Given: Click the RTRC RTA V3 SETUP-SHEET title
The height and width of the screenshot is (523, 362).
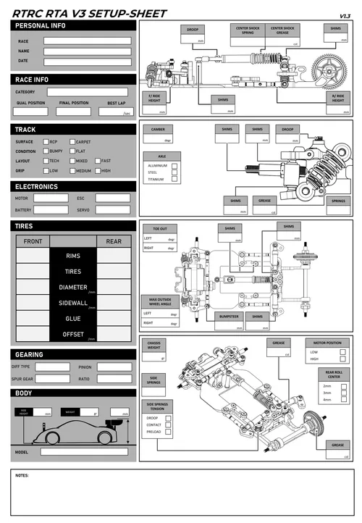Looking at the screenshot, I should pyautogui.click(x=89, y=13).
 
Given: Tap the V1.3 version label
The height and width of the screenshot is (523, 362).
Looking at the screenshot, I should pyautogui.click(x=345, y=15).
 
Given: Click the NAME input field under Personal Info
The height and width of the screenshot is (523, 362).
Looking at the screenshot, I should pyautogui.click(x=86, y=51).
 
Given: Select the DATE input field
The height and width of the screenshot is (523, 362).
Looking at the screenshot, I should pyautogui.click(x=86, y=62).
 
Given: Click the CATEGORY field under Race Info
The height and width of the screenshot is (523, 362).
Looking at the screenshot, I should pyautogui.click(x=87, y=92).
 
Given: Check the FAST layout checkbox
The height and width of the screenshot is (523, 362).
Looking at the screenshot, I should pyautogui.click(x=97, y=161).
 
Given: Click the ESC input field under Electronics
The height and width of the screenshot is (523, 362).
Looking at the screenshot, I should pyautogui.click(x=112, y=198).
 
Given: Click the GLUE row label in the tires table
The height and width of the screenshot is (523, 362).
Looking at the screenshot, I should pyautogui.click(x=73, y=319).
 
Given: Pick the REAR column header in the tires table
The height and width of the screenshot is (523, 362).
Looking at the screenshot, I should pyautogui.click(x=114, y=241).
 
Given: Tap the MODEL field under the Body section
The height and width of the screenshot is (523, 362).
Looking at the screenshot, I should pyautogui.click(x=83, y=452).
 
